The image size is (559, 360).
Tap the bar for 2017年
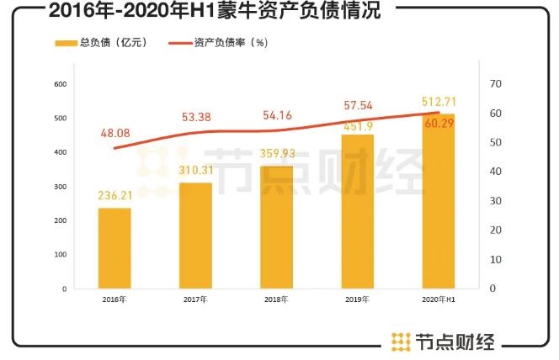click(195, 236)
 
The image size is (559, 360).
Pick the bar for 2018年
click(276, 227)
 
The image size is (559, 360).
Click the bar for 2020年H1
click(438, 202)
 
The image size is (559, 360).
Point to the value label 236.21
click(114, 195)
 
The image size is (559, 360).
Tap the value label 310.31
click(195, 170)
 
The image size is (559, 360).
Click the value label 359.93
click(276, 153)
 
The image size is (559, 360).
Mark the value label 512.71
click(439, 102)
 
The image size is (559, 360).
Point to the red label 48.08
click(115, 132)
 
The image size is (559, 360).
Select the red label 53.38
click(196, 115)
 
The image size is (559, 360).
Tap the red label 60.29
click(439, 124)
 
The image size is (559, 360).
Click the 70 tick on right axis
click(496, 84)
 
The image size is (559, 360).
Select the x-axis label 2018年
click(276, 299)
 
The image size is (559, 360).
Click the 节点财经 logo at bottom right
click(443, 341)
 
